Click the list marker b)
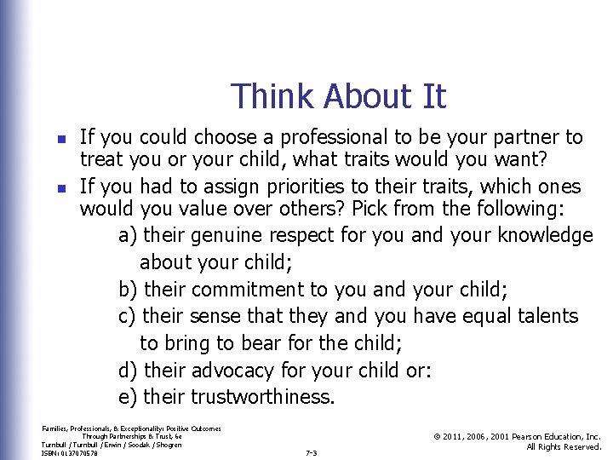[x=129, y=290]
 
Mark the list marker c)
[x=129, y=316]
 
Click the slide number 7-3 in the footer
[x=311, y=453]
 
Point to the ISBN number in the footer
[x=69, y=453]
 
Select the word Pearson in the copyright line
[x=523, y=436]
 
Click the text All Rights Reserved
[x=564, y=447]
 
